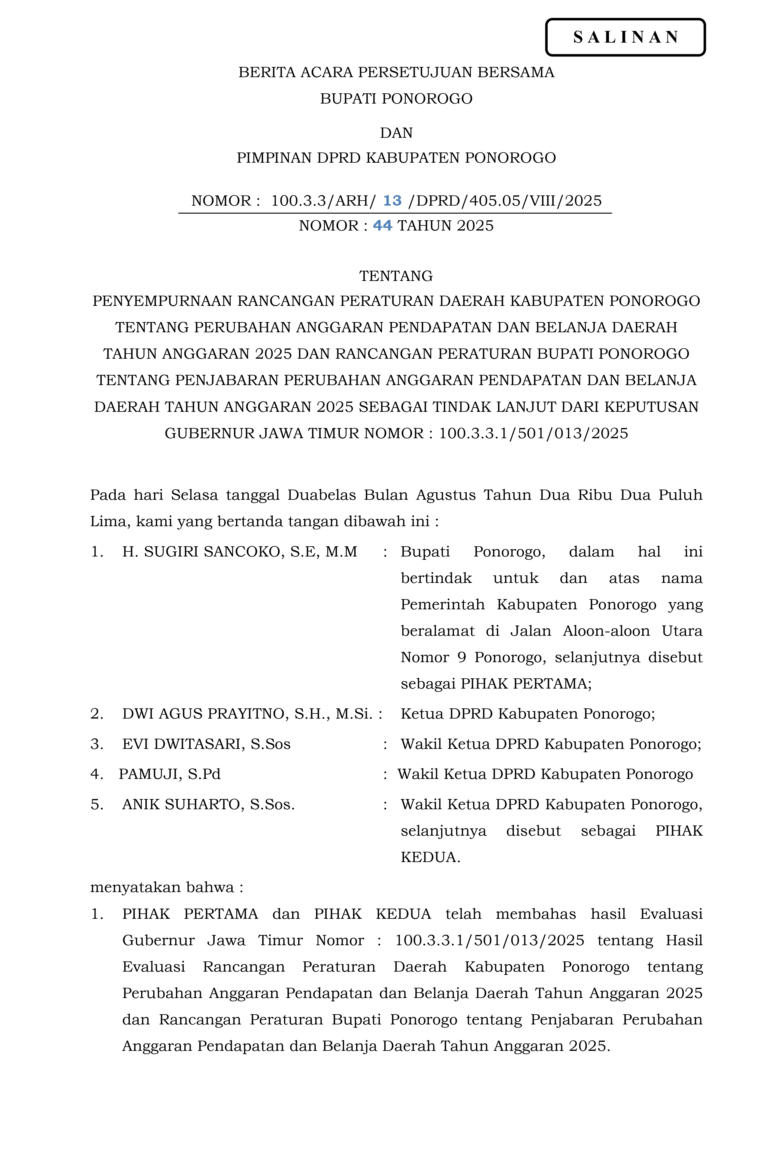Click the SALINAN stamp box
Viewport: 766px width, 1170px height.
tap(625, 37)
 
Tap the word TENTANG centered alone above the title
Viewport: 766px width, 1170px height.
tap(396, 276)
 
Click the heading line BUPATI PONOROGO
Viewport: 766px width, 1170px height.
tap(396, 99)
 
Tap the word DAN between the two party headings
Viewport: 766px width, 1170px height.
tap(396, 133)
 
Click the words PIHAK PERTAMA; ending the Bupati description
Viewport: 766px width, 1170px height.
tap(525, 684)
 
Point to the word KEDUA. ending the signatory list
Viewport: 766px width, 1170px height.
tap(430, 857)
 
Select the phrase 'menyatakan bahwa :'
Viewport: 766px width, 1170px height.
tap(167, 887)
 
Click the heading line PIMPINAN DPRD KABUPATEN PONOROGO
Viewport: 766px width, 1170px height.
tap(396, 158)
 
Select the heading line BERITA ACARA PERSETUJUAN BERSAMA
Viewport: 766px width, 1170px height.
tap(396, 72)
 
